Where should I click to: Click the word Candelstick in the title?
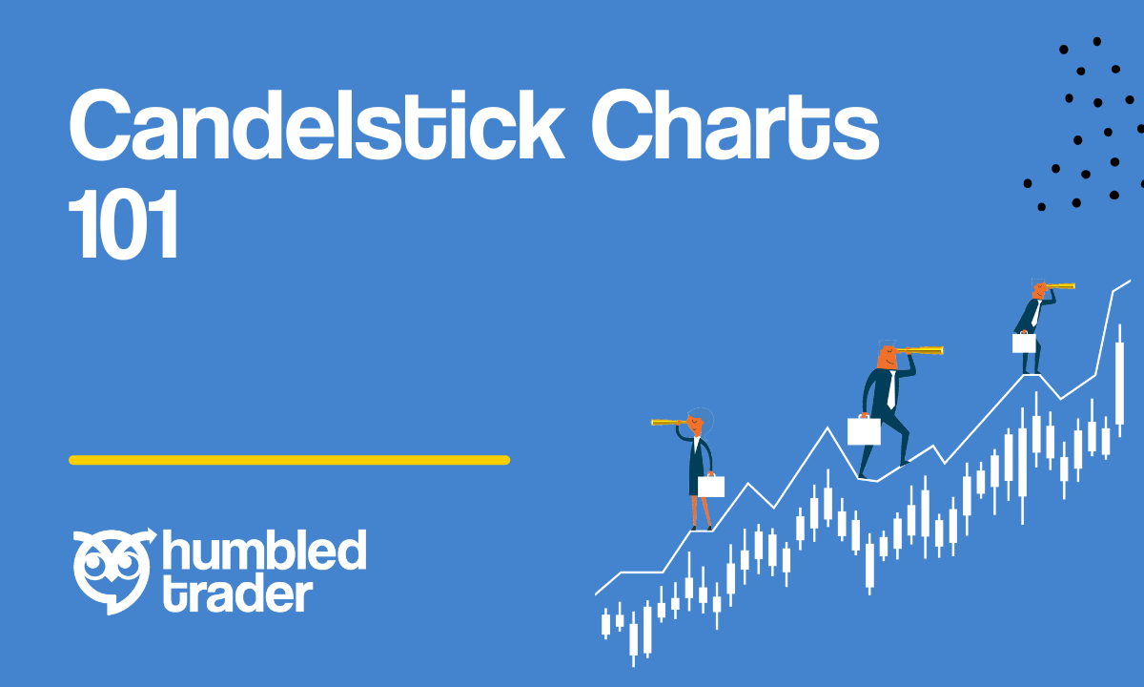click(x=317, y=125)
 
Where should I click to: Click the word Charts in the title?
click(x=735, y=125)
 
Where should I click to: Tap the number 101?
click(x=123, y=224)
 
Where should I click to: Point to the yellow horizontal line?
click(x=289, y=460)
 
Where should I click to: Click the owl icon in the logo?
click(x=113, y=571)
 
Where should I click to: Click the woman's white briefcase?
click(x=711, y=486)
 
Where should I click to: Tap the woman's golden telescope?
click(x=669, y=422)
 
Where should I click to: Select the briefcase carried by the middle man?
click(x=864, y=430)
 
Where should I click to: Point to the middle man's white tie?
click(x=891, y=389)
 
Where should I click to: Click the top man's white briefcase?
click(x=1024, y=343)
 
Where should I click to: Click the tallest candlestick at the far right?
click(x=1119, y=381)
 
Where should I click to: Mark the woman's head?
click(x=698, y=422)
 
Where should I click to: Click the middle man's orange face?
click(x=888, y=357)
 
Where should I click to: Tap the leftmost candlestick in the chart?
click(x=605, y=624)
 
